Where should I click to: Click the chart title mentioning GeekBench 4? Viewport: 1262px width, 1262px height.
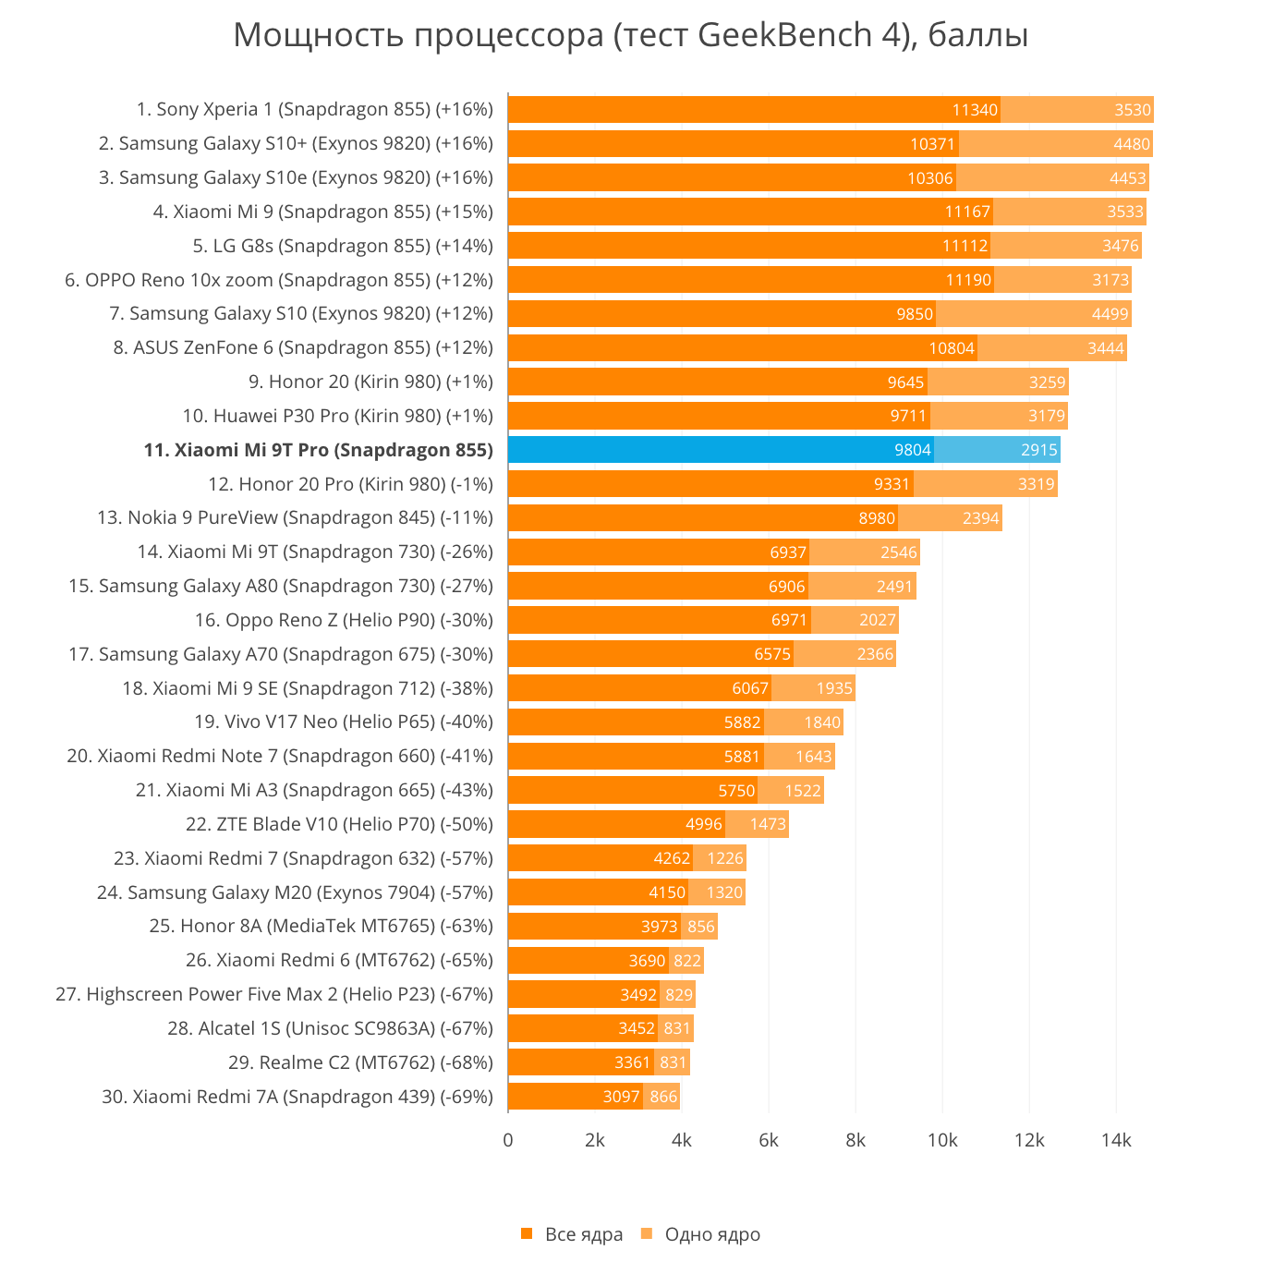630,35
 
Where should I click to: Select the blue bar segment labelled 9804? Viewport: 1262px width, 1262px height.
721,450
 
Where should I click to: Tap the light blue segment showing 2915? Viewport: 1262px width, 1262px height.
997,450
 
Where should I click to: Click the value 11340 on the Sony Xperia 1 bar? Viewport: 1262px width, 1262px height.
975,110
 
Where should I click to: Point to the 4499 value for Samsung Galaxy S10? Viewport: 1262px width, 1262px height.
1110,314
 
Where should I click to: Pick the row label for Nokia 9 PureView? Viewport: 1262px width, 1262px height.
295,517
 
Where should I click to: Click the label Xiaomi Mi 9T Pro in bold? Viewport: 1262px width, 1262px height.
318,450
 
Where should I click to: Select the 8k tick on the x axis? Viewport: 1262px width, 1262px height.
855,1140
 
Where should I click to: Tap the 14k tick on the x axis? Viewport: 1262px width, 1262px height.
1115,1140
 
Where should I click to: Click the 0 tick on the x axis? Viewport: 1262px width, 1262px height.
508,1140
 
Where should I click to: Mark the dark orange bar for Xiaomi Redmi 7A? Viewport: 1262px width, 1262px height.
575,1097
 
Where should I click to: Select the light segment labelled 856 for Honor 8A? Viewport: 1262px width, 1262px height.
699,927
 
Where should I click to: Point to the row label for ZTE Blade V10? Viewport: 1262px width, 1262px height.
339,824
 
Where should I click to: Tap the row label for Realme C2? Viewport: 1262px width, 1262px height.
360,1062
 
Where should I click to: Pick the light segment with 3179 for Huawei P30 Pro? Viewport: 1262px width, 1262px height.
999,416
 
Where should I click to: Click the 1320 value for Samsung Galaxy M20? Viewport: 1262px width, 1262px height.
724,892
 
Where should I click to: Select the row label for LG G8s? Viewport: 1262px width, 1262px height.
343,246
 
